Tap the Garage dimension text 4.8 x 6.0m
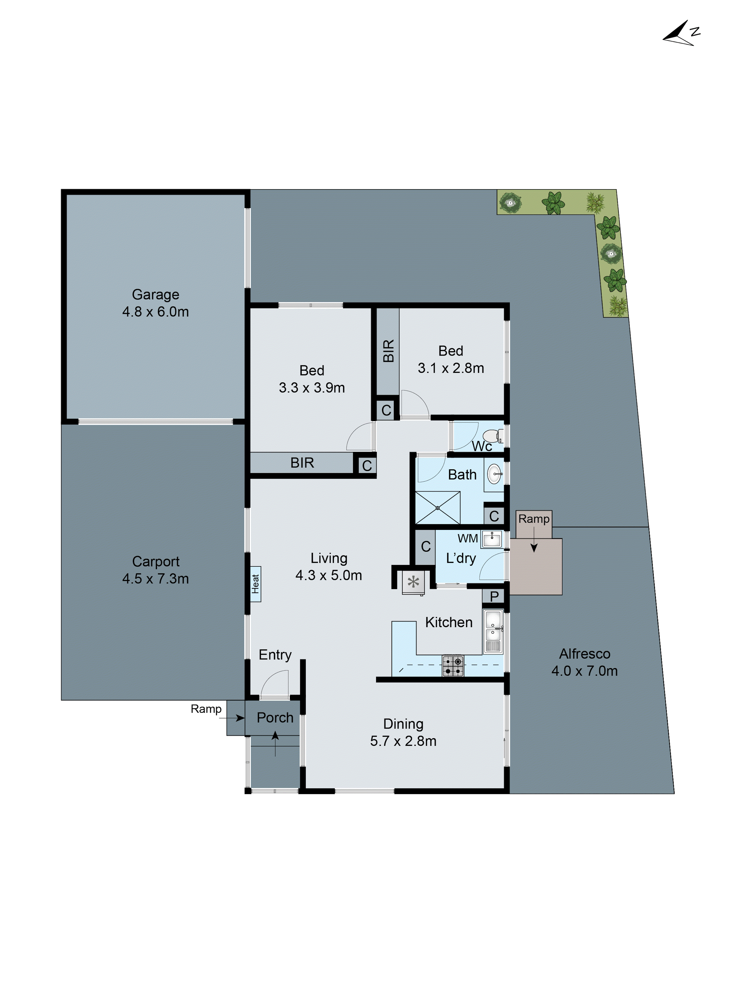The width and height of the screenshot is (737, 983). click(x=156, y=312)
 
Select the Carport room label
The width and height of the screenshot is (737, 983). click(x=156, y=561)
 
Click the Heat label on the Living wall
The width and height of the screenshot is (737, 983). click(x=255, y=584)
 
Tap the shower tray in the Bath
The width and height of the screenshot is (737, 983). click(x=438, y=507)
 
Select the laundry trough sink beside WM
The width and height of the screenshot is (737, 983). click(x=492, y=539)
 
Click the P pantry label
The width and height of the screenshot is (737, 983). click(x=494, y=596)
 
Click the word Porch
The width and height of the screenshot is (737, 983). click(x=275, y=717)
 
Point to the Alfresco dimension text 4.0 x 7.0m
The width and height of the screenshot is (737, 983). click(x=584, y=671)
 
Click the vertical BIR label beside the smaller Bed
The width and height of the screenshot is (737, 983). click(x=388, y=351)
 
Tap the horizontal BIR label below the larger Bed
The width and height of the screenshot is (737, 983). click(x=302, y=463)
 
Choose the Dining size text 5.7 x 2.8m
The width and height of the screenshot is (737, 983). click(x=403, y=741)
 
